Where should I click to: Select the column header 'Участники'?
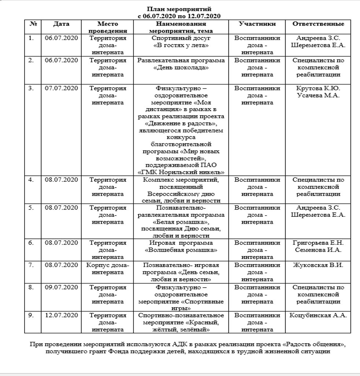point(257,24)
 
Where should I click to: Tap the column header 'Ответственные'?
point(318,24)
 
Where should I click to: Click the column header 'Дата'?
point(61,24)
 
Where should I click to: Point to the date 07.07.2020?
point(61,88)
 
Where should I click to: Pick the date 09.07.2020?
point(61,287)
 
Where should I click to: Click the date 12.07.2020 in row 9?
point(61,315)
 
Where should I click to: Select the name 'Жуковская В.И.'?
point(318,265)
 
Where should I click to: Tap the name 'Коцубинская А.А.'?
point(318,315)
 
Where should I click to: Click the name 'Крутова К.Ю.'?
point(318,88)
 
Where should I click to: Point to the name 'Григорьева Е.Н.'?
point(318,243)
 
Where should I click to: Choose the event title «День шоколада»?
point(181,67)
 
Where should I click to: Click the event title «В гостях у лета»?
point(181,45)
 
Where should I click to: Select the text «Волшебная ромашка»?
point(181,250)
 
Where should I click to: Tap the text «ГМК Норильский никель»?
point(181,172)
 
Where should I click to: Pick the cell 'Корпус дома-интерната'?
point(108,269)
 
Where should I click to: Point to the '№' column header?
point(33,24)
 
